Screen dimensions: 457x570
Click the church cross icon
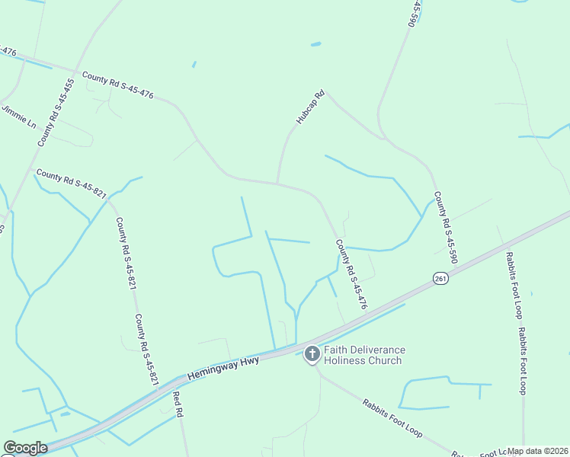tap(312, 354)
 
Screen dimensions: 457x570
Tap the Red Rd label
tap(178, 404)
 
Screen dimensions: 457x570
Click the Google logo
tap(25, 448)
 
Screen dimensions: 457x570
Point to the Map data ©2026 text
tap(537, 451)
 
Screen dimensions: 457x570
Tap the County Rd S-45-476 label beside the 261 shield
tap(352, 274)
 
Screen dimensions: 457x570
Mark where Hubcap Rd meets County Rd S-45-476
tap(277, 183)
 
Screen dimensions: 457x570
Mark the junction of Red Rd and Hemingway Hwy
tap(175, 379)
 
